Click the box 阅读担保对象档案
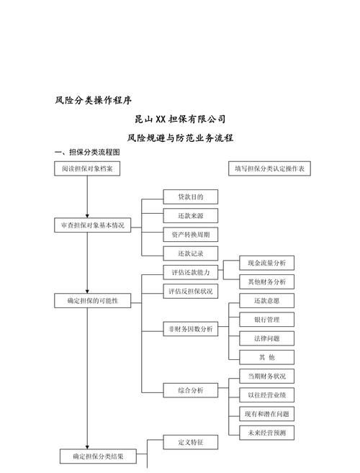(86, 168)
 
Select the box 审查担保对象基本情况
(92, 225)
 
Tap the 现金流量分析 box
(266, 263)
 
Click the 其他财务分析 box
(266, 281)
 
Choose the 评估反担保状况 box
(190, 292)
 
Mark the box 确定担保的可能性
(92, 300)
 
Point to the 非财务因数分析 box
(190, 329)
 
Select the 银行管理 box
(266, 320)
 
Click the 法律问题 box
(266, 338)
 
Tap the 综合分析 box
(190, 389)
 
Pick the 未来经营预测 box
(266, 433)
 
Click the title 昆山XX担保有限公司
(179, 119)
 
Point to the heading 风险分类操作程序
(93, 99)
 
